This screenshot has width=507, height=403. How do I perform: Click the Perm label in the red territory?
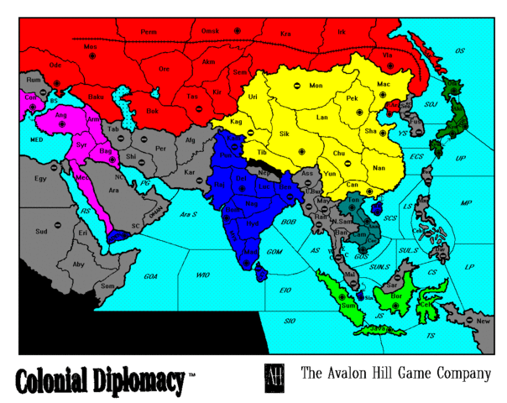point(149,32)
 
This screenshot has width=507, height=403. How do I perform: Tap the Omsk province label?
point(210,31)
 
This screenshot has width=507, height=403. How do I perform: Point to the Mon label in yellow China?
point(316,86)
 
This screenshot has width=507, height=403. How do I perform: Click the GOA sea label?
point(150,275)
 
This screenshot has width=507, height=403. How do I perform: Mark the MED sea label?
point(36,139)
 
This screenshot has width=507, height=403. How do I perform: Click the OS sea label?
point(459,51)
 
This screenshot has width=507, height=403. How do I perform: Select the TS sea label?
point(431,336)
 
